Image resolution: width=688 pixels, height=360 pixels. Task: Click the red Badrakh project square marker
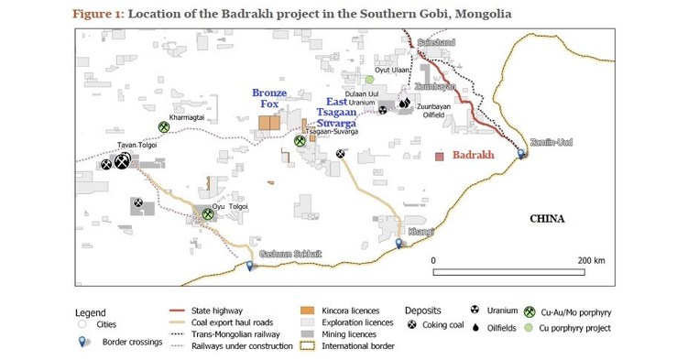[441, 157]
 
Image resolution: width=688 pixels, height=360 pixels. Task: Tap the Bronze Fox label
[269, 99]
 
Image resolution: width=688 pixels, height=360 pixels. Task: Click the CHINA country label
[548, 218]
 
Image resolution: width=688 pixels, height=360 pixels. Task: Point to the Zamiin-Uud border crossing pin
[522, 152]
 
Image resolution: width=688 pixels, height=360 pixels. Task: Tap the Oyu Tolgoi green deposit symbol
[208, 214]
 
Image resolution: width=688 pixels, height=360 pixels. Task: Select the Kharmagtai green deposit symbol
[163, 127]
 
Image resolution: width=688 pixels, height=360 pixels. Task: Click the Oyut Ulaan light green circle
[370, 80]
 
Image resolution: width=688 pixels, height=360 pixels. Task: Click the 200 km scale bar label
[592, 261]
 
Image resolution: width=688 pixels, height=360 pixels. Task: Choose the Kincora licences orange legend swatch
[308, 311]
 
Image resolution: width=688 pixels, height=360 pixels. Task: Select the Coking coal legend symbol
[412, 325]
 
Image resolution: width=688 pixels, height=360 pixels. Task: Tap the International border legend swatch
[308, 345]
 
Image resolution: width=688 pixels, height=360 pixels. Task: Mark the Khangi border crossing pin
[399, 243]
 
